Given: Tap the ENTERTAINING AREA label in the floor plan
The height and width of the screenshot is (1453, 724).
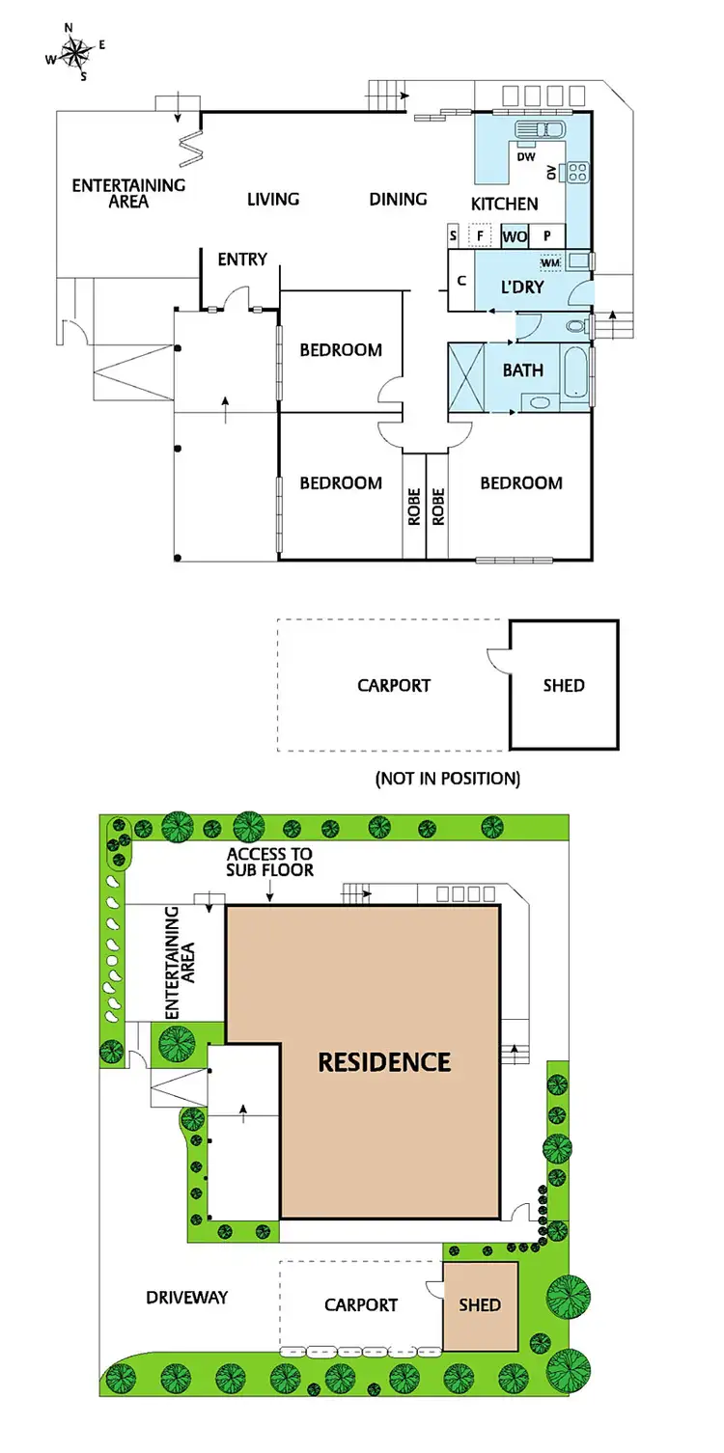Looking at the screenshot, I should [128, 193].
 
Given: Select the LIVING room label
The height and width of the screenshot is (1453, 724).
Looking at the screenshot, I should [273, 199].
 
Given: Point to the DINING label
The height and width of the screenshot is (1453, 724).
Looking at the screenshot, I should [398, 199].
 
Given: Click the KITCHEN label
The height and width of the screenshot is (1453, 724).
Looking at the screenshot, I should [504, 204].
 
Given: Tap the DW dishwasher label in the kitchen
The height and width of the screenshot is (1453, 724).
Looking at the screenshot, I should [526, 156].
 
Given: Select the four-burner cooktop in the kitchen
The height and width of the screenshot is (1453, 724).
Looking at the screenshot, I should [578, 173].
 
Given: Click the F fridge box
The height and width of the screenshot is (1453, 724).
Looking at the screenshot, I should [480, 234].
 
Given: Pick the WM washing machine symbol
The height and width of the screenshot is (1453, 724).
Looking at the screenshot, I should [550, 262].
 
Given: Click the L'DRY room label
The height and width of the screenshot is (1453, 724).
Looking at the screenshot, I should [522, 288].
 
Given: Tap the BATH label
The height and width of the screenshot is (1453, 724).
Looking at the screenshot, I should [522, 370].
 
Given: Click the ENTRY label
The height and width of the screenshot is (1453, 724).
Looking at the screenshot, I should [242, 259].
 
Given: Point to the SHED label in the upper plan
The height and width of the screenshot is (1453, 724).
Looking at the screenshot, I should [564, 685].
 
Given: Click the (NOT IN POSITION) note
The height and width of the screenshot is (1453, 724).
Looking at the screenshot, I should [447, 779].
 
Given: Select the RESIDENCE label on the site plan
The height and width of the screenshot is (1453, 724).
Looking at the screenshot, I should [384, 1062].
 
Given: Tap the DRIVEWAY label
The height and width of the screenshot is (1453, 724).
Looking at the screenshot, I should [187, 1297].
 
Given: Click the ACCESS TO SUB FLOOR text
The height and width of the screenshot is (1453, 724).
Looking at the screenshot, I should [269, 862].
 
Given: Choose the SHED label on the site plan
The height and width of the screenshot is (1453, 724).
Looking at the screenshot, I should [480, 1304].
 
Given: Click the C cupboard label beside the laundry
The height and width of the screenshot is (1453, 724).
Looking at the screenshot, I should [461, 281].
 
